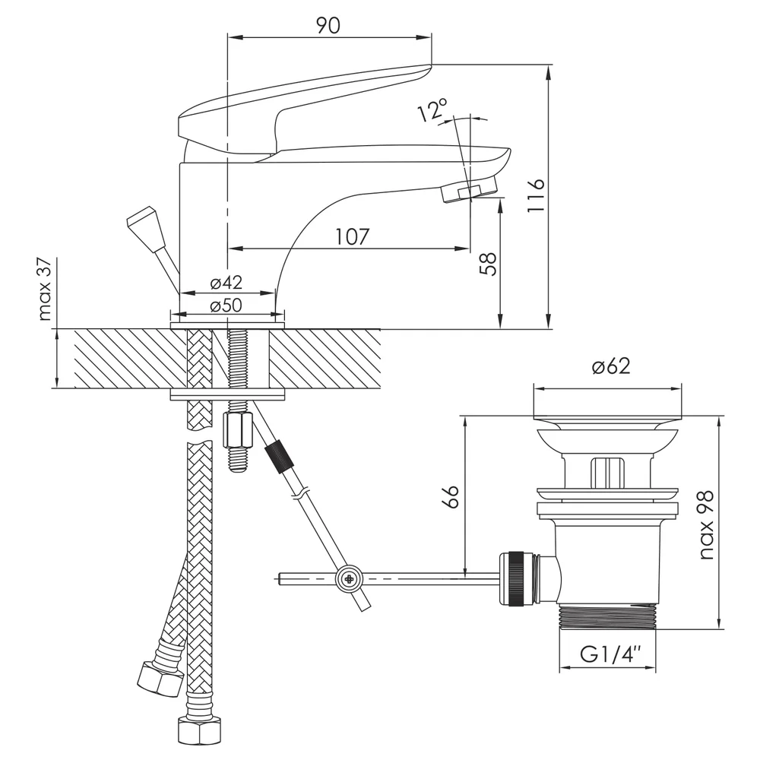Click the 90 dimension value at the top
point(328,25)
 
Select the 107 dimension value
point(353,236)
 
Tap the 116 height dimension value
point(536,195)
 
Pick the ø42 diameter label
point(226,282)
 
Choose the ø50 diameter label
point(226,306)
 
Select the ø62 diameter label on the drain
point(611,366)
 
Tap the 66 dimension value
point(451,496)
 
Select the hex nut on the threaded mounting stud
point(237,430)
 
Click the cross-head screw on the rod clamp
point(349,578)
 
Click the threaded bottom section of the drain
point(607,616)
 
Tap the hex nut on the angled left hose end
point(160,679)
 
